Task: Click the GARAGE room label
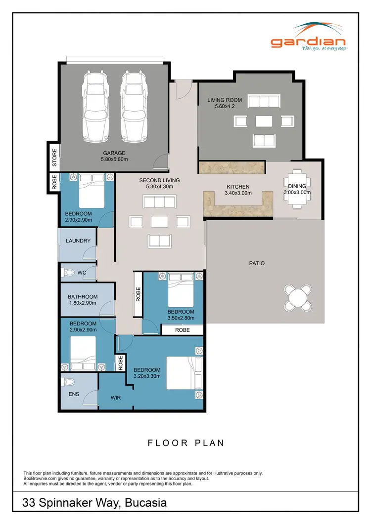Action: tap(114, 153)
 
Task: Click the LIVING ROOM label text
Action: tap(224, 100)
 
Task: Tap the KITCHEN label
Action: tap(238, 187)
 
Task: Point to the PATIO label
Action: tap(256, 263)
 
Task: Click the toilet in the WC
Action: tap(68, 272)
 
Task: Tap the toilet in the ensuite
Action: tap(69, 382)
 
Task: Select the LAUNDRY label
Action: tap(78, 241)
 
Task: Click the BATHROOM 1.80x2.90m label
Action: tap(82, 300)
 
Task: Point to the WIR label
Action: tap(115, 397)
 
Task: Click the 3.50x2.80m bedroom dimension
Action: tap(181, 319)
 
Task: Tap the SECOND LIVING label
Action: tap(159, 180)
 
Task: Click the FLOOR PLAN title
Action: tap(186, 443)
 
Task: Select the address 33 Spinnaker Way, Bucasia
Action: tap(94, 503)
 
